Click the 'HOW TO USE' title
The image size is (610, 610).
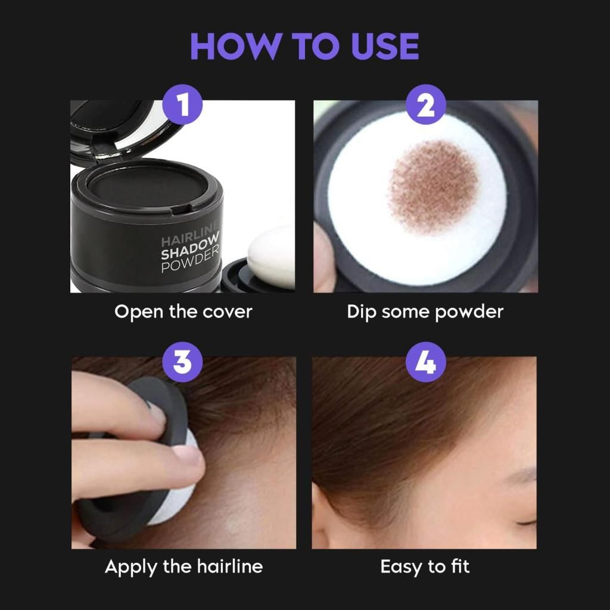pyautogui.click(x=304, y=46)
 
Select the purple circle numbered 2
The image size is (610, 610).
pyautogui.click(x=425, y=108)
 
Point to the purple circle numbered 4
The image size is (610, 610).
pyautogui.click(x=425, y=362)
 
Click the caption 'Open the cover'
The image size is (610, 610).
pyautogui.click(x=183, y=312)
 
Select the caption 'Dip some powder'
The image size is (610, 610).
pyautogui.click(x=425, y=312)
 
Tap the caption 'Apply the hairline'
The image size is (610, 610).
pyautogui.click(x=183, y=566)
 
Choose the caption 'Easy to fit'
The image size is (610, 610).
pyautogui.click(x=425, y=566)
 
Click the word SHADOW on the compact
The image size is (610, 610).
pyautogui.click(x=189, y=253)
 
